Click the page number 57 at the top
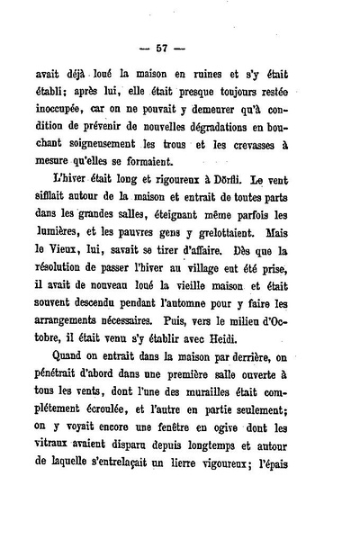click(180, 47)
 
